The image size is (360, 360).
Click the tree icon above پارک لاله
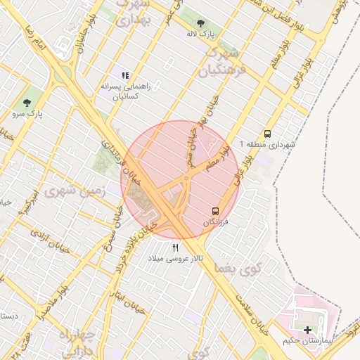(202, 22)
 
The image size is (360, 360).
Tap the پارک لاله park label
(202, 34)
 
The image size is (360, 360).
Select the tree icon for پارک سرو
(27, 103)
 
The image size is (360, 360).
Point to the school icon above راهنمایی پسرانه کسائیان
(125, 75)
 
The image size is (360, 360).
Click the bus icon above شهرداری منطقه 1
(267, 134)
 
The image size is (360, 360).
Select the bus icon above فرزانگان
(216, 211)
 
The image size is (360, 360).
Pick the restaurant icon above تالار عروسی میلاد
(176, 247)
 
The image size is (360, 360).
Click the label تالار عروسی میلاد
(176, 259)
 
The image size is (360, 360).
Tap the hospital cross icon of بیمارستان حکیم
(307, 330)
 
